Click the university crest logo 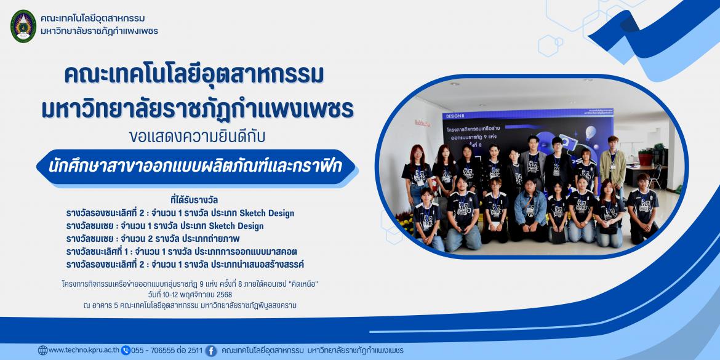click(x=23, y=26)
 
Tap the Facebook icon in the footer click(x=211, y=351)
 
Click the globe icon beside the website click(x=42, y=351)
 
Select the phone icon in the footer click(x=126, y=351)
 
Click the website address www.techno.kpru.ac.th click(x=84, y=351)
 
